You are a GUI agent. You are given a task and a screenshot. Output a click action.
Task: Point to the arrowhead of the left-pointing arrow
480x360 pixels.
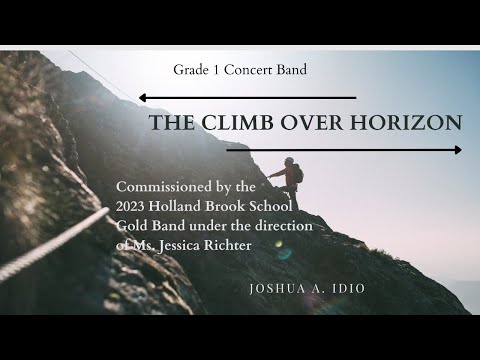click(143, 98)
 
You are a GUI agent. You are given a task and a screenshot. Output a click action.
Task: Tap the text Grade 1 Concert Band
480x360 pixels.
click(239, 70)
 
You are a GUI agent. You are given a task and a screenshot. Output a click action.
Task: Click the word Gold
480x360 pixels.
click(134, 226)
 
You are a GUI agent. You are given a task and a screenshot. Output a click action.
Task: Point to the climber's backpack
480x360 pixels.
click(297, 172)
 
